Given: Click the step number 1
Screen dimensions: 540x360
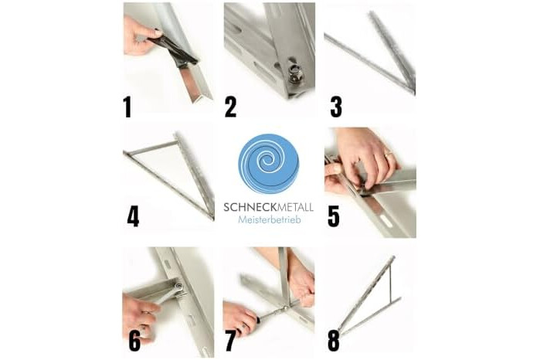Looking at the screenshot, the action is [x=127, y=107].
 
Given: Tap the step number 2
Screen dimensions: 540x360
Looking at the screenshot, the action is [x=231, y=107].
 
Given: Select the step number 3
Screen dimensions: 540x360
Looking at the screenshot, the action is [x=336, y=107].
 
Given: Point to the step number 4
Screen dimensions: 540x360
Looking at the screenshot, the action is [x=133, y=216].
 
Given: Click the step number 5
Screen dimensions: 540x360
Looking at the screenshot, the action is [x=334, y=216].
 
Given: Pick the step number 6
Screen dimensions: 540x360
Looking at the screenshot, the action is [x=134, y=341].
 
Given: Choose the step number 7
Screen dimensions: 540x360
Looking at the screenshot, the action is [x=230, y=341].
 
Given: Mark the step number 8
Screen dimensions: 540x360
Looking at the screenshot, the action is [x=334, y=341].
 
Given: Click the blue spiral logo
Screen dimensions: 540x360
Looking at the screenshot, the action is [x=269, y=164].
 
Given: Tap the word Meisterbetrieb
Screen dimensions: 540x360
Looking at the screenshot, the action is [x=269, y=219].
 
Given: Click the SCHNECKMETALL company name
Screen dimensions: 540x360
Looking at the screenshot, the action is [x=269, y=207].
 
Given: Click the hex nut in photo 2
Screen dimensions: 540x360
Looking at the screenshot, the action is [x=295, y=80].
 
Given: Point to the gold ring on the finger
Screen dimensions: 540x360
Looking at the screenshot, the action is [x=389, y=154].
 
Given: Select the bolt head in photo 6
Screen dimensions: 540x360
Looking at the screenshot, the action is [x=178, y=287].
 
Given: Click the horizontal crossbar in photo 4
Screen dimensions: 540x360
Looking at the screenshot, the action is [x=151, y=148].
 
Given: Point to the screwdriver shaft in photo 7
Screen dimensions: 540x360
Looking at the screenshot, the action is [x=272, y=313].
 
